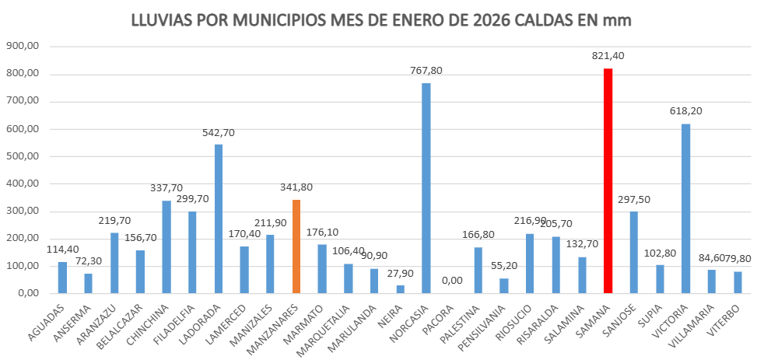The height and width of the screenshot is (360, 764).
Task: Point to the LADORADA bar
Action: coord(219,218)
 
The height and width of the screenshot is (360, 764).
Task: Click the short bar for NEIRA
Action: coord(400,289)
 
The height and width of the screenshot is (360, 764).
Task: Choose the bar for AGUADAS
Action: coord(63,278)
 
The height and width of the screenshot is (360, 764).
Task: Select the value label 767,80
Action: coord(426,70)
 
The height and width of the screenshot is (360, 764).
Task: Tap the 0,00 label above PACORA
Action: coord(452,281)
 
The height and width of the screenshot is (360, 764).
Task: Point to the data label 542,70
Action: coord(219,132)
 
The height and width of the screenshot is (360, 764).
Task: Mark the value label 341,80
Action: coord(296,187)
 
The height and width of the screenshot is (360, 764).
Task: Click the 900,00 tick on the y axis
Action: coord(23,47)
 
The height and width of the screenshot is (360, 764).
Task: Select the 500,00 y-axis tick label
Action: coord(23,156)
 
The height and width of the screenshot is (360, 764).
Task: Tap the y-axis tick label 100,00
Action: coord(23,266)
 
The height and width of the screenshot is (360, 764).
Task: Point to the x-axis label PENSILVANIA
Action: coord(492,328)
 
